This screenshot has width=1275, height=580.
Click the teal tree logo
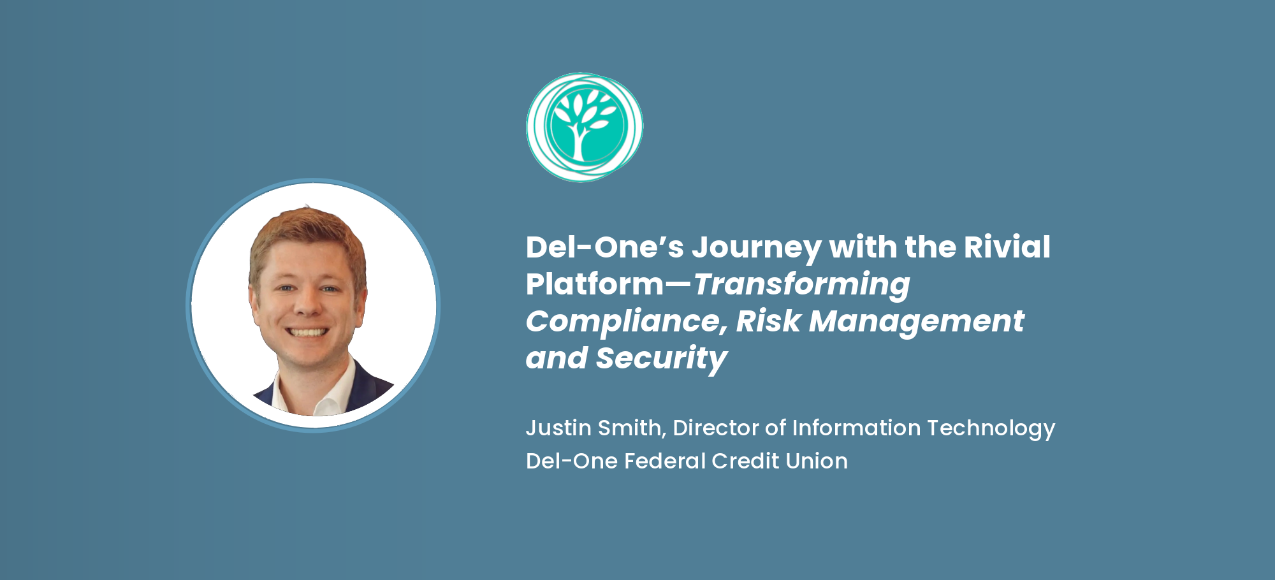585,127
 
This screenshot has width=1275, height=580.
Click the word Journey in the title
757,248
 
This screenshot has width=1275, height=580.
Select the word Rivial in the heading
1007,247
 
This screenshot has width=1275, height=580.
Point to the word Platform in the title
594,284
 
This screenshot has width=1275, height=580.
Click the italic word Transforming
801,284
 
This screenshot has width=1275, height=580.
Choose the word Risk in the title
768,321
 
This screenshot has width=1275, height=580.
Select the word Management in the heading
916,321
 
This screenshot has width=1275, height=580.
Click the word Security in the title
661,358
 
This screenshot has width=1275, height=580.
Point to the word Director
715,428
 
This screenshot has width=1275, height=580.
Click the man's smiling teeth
308,332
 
